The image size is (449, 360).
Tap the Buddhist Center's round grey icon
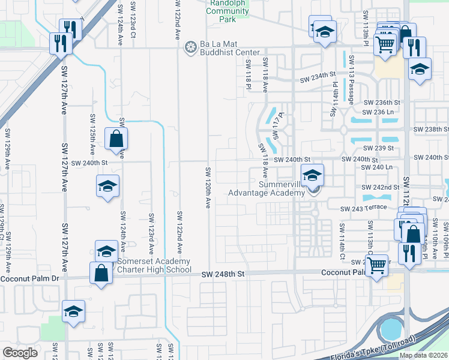pos(191,47)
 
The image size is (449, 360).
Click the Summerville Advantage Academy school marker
pos(312,175)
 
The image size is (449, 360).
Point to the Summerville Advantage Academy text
pos(266,188)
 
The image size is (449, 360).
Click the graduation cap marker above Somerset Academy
pos(106,250)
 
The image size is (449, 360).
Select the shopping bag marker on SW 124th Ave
pos(116,139)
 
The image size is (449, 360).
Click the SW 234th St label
pos(316,77)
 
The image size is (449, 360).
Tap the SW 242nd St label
pos(381,187)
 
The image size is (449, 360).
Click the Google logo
pos(20,353)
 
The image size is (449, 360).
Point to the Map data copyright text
pos(423,355)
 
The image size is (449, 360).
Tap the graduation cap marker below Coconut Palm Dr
pos(73,311)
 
